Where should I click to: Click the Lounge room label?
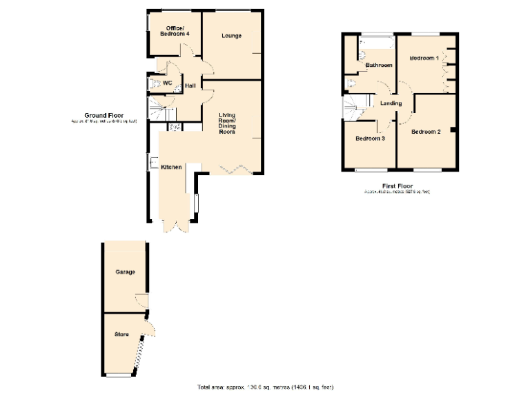(231, 35)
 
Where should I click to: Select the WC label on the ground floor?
(166, 83)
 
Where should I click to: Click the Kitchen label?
(171, 167)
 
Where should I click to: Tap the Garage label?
(125, 272)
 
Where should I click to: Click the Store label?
(121, 335)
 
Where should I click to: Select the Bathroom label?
(379, 65)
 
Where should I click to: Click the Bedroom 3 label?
(370, 139)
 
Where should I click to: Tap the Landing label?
(391, 103)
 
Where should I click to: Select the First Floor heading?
(397, 186)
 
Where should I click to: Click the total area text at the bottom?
(265, 387)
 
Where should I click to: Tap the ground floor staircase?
(161, 109)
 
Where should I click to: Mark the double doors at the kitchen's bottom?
(173, 226)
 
